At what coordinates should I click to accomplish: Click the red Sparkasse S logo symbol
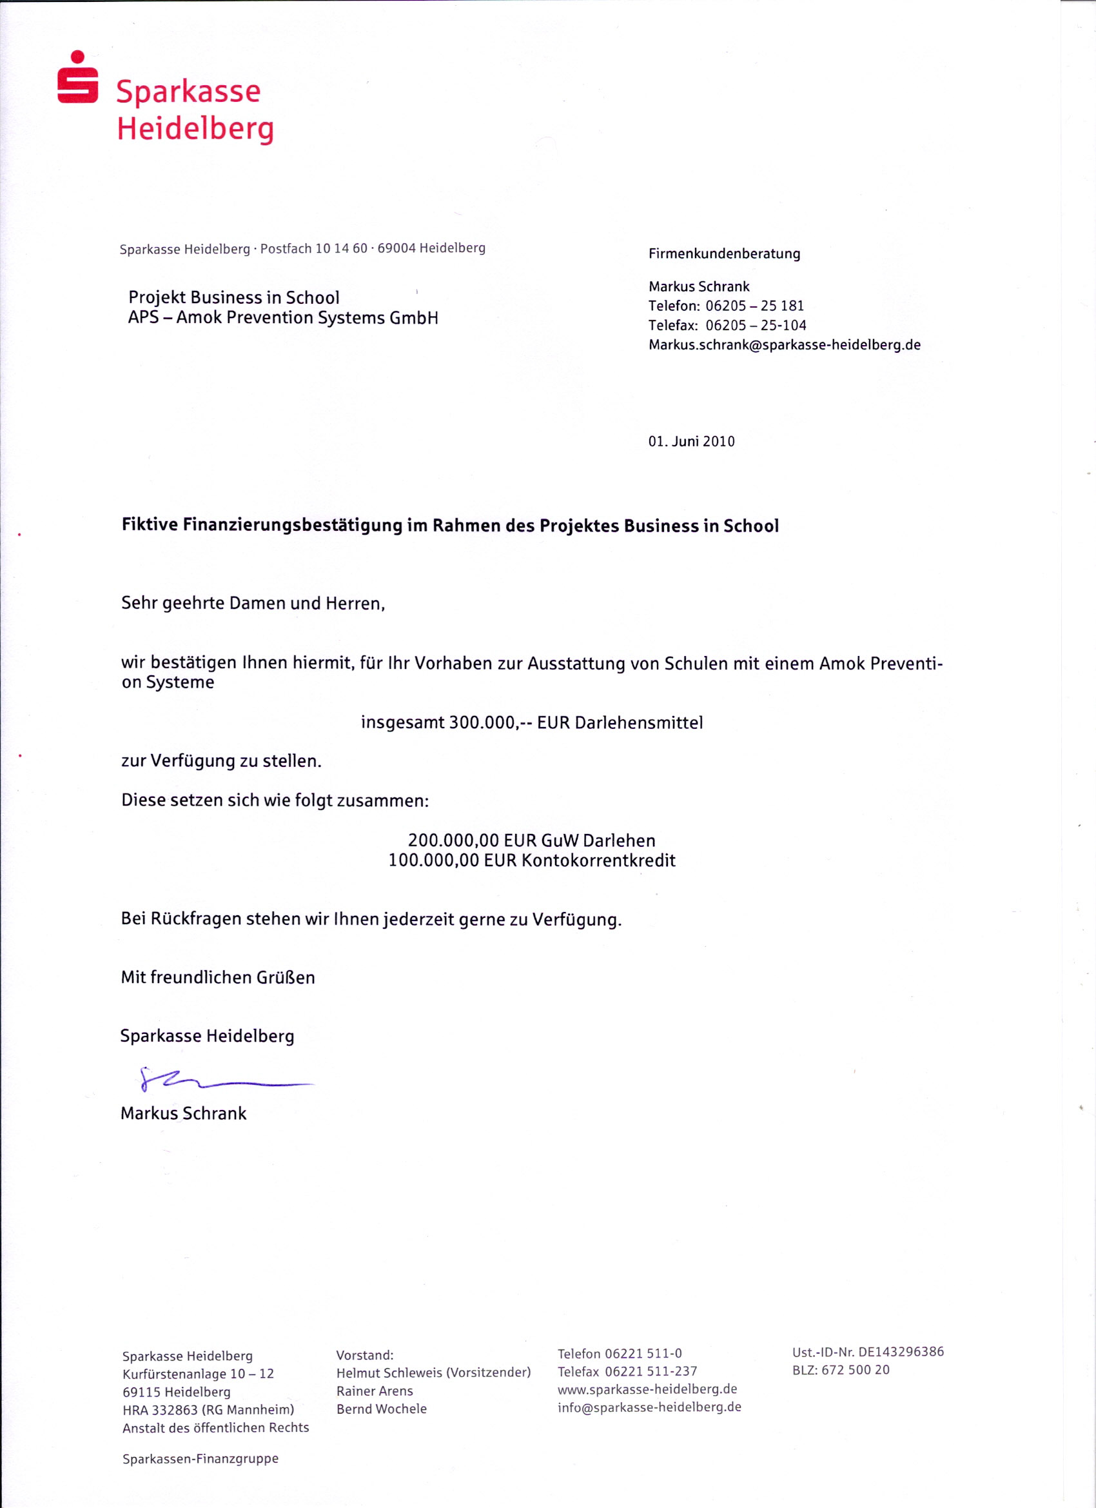click(x=78, y=79)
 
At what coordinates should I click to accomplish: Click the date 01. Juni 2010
click(x=691, y=441)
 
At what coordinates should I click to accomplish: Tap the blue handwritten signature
click(x=219, y=1080)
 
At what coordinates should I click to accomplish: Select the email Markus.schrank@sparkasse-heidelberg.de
click(x=784, y=344)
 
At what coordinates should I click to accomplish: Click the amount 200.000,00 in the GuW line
click(x=453, y=840)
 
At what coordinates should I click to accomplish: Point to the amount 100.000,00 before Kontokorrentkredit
click(x=433, y=860)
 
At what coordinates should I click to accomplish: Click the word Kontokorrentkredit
click(x=598, y=860)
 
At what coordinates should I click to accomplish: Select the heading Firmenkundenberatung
click(x=724, y=253)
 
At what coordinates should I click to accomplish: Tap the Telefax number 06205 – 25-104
click(x=756, y=325)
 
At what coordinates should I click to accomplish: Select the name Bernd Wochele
click(x=382, y=1408)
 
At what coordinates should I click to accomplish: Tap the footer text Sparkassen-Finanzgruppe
click(x=200, y=1459)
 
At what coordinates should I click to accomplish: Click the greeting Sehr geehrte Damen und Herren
click(x=253, y=603)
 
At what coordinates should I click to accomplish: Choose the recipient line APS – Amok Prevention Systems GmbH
click(x=283, y=318)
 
